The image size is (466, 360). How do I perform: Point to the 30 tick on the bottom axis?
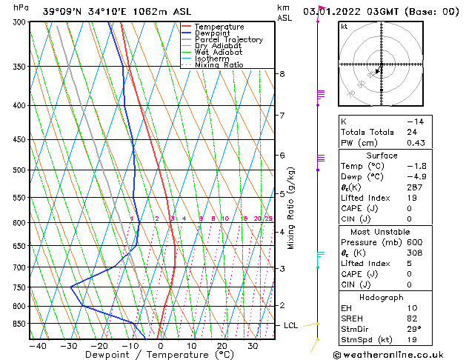pos(253,345)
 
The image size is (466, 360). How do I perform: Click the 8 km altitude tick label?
pos(282,74)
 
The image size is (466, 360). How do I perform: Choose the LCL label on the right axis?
pos(292,325)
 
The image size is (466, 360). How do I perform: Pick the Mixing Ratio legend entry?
pos(219,65)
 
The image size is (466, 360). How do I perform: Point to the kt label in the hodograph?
pos(344,27)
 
